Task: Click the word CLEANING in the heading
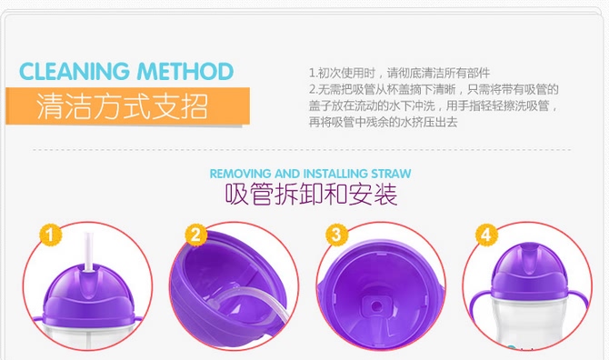tap(75, 72)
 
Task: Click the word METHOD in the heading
tap(185, 72)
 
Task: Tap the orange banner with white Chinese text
tap(127, 106)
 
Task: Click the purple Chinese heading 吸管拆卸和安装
tap(311, 194)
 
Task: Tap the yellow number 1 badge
tap(51, 235)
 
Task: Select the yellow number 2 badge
tap(195, 235)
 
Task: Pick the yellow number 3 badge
tap(336, 235)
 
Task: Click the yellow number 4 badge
tap(486, 235)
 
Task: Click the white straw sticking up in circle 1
tap(89, 253)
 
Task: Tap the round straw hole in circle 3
tap(376, 306)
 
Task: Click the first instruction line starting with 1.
tap(399, 73)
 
